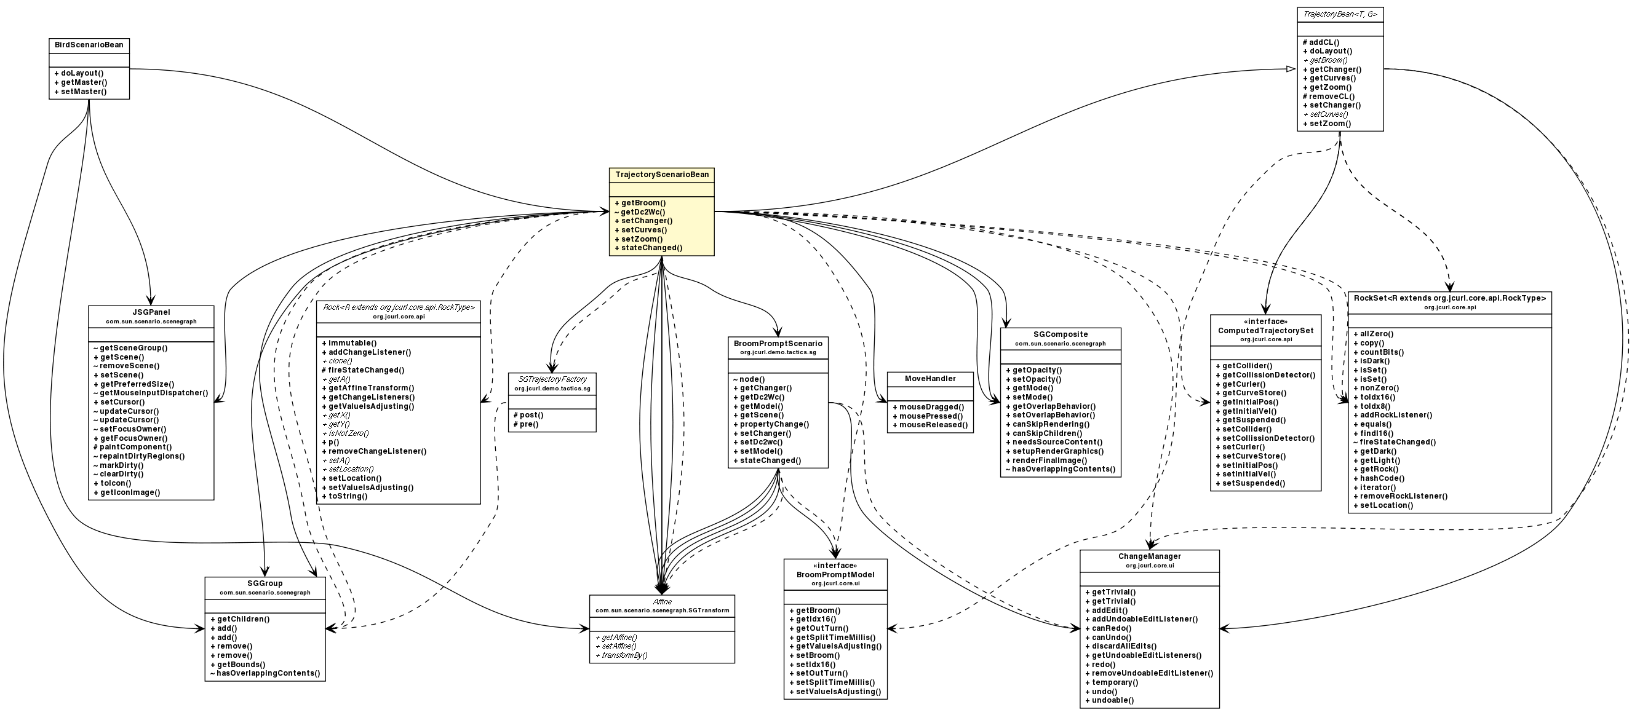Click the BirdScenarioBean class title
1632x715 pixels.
(89, 45)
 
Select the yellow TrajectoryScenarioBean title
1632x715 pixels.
(661, 174)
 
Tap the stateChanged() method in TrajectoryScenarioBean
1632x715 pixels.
(648, 248)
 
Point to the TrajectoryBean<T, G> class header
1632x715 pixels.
(1339, 14)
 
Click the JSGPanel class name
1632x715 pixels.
(151, 312)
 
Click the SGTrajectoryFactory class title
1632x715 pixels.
(552, 379)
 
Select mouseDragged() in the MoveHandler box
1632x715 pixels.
(928, 406)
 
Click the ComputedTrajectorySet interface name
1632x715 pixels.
(1265, 331)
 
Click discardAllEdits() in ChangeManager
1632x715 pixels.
(1120, 646)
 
